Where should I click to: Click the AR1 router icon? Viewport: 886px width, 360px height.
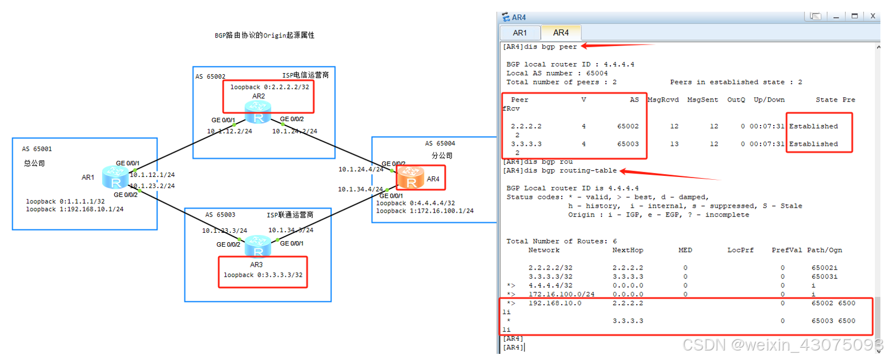(x=115, y=177)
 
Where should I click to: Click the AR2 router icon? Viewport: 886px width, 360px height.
(x=258, y=112)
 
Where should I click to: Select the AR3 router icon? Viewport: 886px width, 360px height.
(x=258, y=245)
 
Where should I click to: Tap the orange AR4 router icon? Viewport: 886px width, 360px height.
(x=411, y=177)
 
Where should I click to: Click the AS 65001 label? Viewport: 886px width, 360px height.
(x=37, y=149)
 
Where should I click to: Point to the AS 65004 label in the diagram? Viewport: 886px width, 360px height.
(x=440, y=143)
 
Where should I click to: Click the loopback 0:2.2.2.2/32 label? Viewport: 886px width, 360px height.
(x=269, y=87)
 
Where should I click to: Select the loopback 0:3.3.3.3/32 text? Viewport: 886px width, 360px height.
(x=263, y=275)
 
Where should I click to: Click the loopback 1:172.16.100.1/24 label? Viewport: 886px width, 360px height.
(x=425, y=211)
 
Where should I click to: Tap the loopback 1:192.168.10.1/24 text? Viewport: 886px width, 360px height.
(x=75, y=209)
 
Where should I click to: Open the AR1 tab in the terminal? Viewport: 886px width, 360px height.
(x=519, y=33)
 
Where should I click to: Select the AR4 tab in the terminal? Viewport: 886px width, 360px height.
(x=561, y=33)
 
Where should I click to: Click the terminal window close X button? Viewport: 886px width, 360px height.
(x=873, y=16)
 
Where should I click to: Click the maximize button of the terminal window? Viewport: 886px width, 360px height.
(x=854, y=16)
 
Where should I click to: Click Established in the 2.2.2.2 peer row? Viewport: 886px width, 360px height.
(x=813, y=126)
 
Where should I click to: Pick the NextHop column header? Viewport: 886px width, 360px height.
(x=628, y=250)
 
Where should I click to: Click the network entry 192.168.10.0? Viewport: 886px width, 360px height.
(x=555, y=303)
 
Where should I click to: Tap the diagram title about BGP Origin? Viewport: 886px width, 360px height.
(x=264, y=35)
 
